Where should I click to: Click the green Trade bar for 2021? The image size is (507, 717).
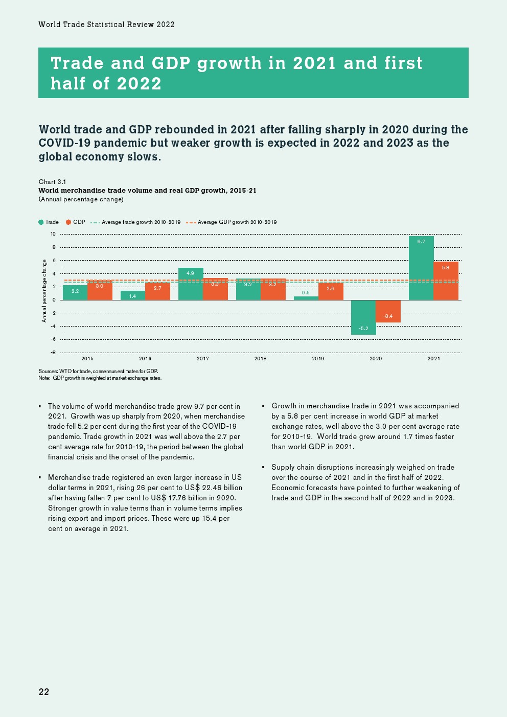421,268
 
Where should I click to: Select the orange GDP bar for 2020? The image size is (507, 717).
388,311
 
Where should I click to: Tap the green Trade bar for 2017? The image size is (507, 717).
191,284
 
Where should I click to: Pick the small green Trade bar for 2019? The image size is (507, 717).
306,298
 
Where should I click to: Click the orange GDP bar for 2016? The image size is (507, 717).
157,291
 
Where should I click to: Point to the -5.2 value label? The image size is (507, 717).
363,329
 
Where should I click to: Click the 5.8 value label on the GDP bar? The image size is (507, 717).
446,268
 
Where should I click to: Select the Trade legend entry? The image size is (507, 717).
49,222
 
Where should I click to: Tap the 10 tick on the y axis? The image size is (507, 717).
53,234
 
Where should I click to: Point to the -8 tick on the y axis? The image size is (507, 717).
53,353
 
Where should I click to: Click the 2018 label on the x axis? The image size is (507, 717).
260,359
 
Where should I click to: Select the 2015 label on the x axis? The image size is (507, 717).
87,359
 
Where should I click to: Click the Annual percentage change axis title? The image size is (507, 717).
44,291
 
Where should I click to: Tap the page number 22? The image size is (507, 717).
44,692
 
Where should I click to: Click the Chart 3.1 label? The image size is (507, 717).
52,182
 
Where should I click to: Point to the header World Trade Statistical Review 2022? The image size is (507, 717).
106,25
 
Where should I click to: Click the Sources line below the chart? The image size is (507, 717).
98,372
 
